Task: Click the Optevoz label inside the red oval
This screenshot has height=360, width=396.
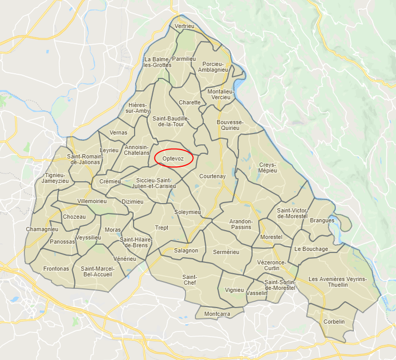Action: coord(174,158)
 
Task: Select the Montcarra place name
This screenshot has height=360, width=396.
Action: coord(217,314)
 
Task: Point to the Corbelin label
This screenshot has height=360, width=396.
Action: coord(334,322)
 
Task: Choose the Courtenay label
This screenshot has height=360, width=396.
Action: coord(213,176)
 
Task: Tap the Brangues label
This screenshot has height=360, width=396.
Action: coord(322,220)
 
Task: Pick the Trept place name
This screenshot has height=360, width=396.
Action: coord(162,228)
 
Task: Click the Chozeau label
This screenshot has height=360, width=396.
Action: coord(74,217)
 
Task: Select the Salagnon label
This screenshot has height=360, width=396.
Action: coord(186,250)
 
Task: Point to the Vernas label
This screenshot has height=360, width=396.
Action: coord(118,132)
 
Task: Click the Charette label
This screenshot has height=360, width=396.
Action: coord(189,102)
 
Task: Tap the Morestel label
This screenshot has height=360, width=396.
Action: coord(271,237)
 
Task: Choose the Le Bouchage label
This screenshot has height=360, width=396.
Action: coord(311,249)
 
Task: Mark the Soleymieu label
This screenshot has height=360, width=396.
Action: coord(187,212)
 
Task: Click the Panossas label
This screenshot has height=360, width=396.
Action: coord(62,242)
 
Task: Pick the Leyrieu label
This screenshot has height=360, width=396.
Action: coord(109,150)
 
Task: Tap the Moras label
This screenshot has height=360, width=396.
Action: coord(112,230)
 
